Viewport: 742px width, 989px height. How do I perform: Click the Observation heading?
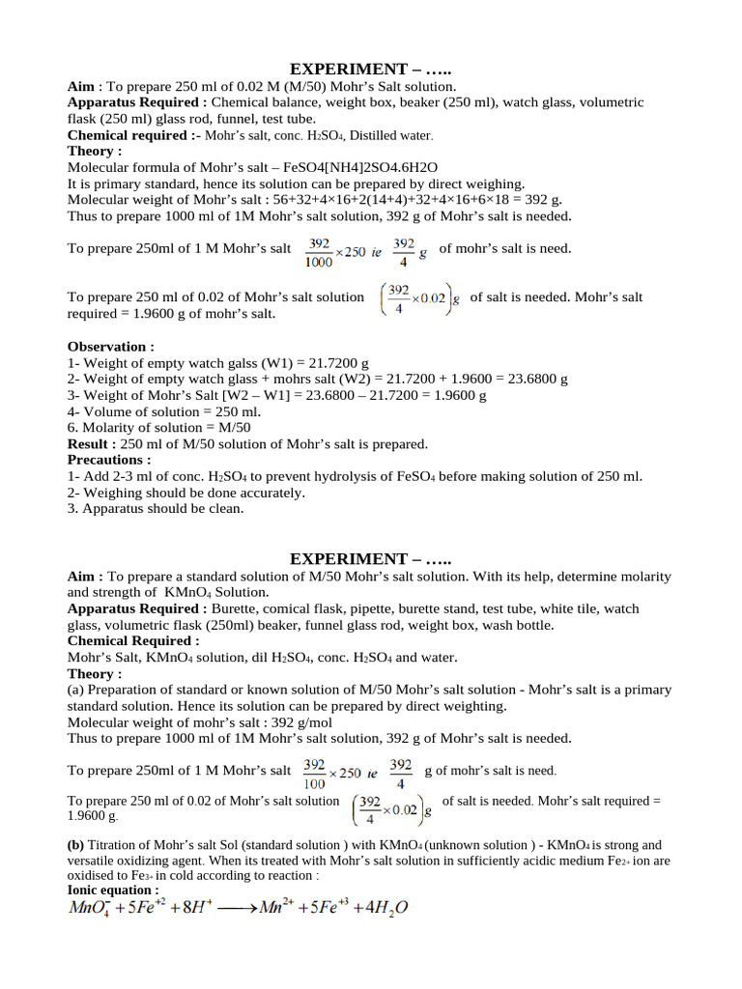pyautogui.click(x=110, y=346)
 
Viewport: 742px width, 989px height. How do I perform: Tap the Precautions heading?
pyautogui.click(x=108, y=461)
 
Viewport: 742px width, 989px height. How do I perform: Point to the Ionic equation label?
pyautogui.click(x=112, y=890)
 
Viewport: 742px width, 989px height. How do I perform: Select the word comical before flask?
pyautogui.click(x=288, y=608)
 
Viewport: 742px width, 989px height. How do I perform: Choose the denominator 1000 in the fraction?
pyautogui.click(x=320, y=261)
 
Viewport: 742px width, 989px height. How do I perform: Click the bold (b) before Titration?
pyautogui.click(x=76, y=845)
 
